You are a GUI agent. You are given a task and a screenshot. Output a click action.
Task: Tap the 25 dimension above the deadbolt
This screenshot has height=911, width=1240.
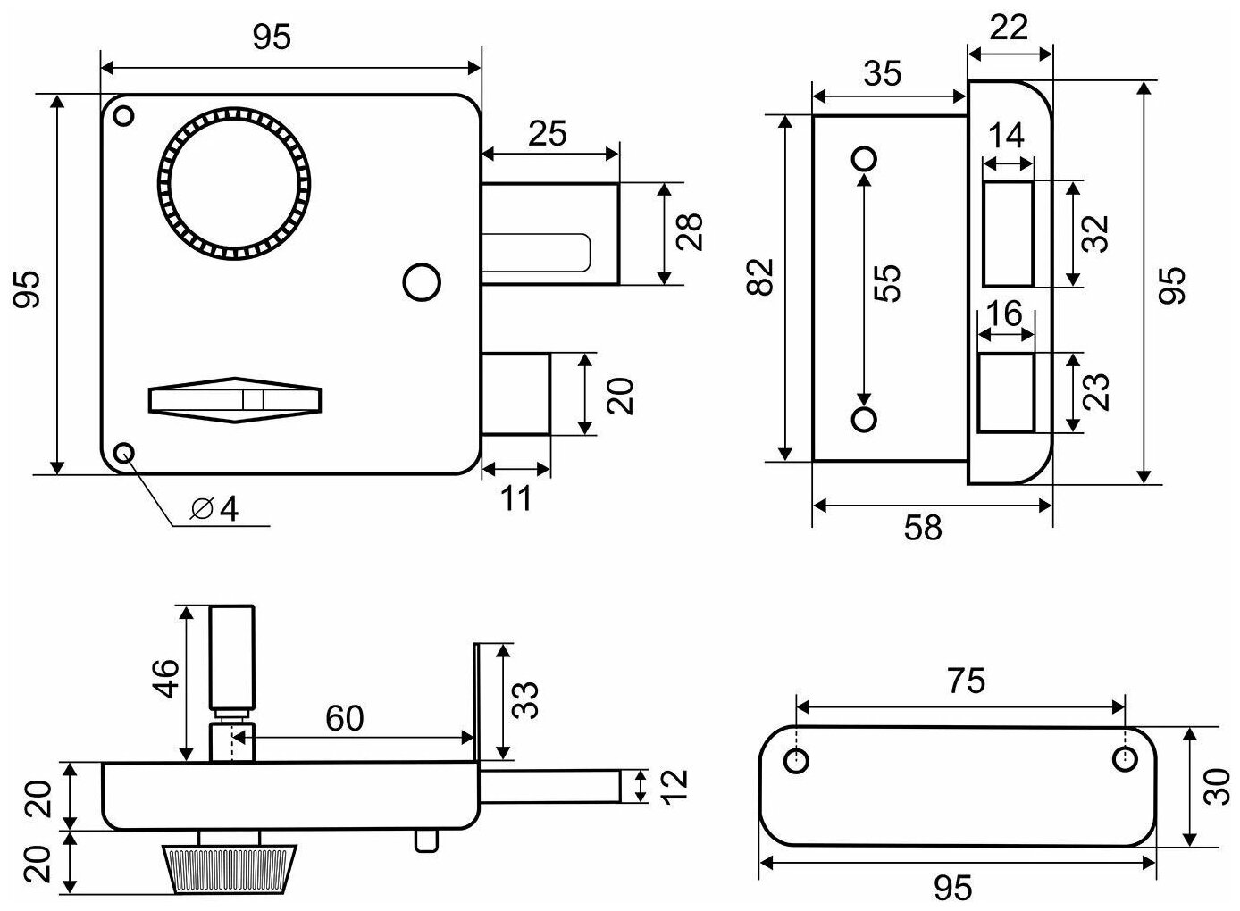pyautogui.click(x=547, y=135)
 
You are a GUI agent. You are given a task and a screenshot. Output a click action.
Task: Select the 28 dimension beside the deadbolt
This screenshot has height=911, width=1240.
pyautogui.click(x=691, y=233)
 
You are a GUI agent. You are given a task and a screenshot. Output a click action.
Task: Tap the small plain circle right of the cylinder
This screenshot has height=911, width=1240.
pyautogui.click(x=423, y=282)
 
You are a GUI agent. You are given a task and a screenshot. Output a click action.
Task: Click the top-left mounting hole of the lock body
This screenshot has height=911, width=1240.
pyautogui.click(x=124, y=115)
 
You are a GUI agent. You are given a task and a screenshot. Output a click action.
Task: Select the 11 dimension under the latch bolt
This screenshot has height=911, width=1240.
pyautogui.click(x=515, y=497)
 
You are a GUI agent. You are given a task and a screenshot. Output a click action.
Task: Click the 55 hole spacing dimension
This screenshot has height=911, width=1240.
pyautogui.click(x=888, y=284)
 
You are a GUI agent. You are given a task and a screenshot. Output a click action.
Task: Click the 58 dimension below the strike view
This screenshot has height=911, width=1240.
pyautogui.click(x=923, y=528)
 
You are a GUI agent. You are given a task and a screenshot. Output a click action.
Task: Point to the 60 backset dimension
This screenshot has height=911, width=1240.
pyautogui.click(x=344, y=717)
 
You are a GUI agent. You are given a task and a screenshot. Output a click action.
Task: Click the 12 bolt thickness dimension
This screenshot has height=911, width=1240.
pyautogui.click(x=676, y=786)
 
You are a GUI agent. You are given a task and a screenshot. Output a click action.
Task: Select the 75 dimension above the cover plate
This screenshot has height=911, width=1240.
pyautogui.click(x=966, y=681)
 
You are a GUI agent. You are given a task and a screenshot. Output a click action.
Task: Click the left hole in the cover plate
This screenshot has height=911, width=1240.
pyautogui.click(x=796, y=761)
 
